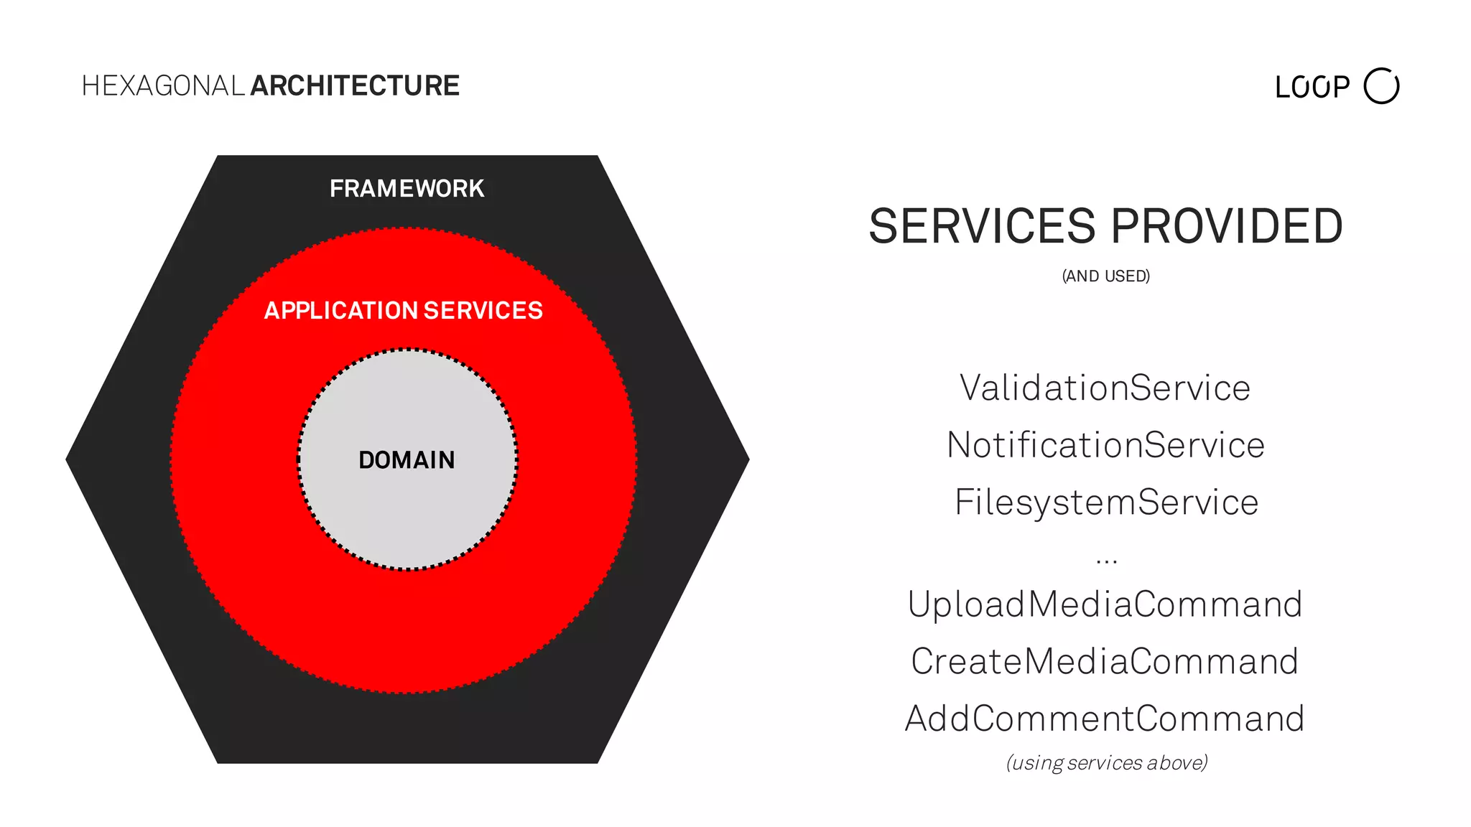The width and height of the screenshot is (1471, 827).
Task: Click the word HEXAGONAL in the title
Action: coord(163,86)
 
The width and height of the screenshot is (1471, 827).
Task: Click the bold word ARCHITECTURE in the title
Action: coord(355,86)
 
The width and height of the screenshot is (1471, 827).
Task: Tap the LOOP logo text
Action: coord(1312,88)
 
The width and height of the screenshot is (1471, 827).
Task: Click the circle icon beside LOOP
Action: coord(1381,86)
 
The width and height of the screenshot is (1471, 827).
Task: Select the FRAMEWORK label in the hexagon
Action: coord(407,189)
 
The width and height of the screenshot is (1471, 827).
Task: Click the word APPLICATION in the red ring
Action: coord(341,311)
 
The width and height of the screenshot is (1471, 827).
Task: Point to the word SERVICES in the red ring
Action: coord(483,311)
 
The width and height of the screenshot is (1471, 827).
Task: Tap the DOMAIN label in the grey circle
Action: coord(407,460)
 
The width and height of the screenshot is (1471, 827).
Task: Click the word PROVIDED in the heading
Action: coord(1227,227)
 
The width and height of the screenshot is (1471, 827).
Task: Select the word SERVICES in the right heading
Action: coord(982,227)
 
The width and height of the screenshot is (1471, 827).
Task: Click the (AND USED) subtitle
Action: coord(1106,276)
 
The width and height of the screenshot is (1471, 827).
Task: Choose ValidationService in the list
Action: coord(1105,388)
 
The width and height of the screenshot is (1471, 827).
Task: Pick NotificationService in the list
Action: coord(1105,445)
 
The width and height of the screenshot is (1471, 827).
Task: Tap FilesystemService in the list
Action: coord(1106,503)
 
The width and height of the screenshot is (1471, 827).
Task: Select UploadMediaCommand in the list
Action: coord(1105,604)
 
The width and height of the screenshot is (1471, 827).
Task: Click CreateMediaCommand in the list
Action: coord(1105,662)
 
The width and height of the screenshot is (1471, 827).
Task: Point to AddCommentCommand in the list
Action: coord(1105,719)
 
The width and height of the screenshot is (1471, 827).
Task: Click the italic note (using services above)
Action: coord(1107,762)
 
